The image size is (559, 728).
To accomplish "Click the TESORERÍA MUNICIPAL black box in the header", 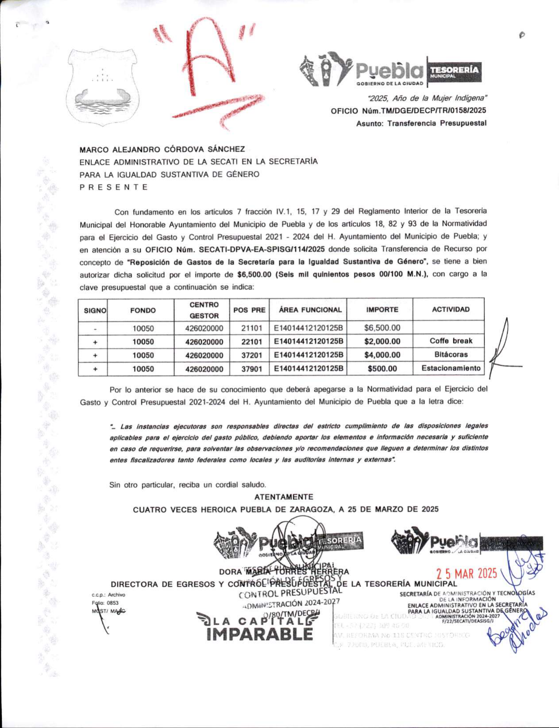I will pyautogui.click(x=454, y=72).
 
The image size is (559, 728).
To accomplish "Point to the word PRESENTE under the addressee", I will pyautogui.click(x=114, y=187).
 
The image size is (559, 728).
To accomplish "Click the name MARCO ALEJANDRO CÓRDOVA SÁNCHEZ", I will pyautogui.click(x=162, y=149).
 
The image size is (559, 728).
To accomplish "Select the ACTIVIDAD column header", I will pyautogui.click(x=450, y=309).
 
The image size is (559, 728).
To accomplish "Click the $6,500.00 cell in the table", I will pyautogui.click(x=382, y=328).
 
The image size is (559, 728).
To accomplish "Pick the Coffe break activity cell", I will pyautogui.click(x=450, y=341).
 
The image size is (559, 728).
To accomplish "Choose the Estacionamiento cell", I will pyautogui.click(x=450, y=368).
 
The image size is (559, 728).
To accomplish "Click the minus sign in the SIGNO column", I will pyautogui.click(x=95, y=329).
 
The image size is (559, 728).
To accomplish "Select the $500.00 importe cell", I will pyautogui.click(x=382, y=369).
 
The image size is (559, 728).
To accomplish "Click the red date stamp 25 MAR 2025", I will pyautogui.click(x=467, y=574).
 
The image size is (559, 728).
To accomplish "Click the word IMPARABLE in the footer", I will pyautogui.click(x=260, y=634).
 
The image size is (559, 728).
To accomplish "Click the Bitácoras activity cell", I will pyautogui.click(x=450, y=355).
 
